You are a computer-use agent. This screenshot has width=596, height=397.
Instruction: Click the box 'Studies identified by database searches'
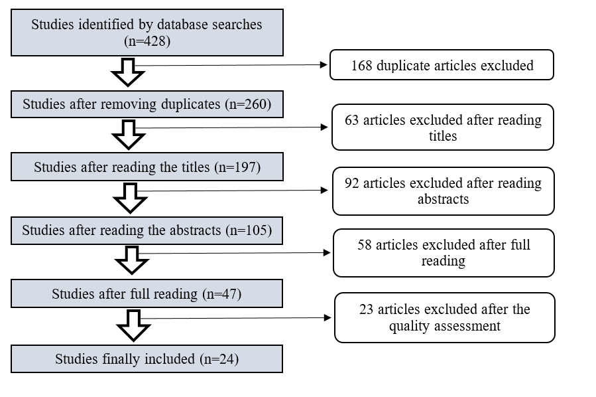point(147,33)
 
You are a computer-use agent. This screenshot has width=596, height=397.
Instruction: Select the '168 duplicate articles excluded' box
point(442,66)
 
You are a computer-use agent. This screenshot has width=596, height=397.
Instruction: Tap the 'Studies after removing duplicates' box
point(147,104)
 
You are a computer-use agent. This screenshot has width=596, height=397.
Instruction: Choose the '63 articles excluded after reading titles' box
point(443,127)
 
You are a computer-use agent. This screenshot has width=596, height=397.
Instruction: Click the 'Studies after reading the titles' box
point(147,167)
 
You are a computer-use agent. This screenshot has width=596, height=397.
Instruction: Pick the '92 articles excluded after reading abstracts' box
point(443,191)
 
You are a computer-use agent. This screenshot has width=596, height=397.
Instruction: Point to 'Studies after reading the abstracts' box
point(147,230)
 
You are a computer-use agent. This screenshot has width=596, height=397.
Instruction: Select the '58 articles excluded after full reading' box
point(443,252)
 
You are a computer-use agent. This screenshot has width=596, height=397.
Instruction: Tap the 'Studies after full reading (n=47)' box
point(147,293)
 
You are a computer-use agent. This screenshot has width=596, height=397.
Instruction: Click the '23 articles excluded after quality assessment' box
point(444,317)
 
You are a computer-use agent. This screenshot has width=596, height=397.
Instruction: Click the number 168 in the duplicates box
point(363,66)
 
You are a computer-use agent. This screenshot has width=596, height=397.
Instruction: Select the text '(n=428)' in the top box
point(147,41)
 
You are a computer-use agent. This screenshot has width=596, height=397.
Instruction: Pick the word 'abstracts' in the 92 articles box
point(443,199)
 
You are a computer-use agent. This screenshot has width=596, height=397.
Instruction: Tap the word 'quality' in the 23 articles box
point(406,325)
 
